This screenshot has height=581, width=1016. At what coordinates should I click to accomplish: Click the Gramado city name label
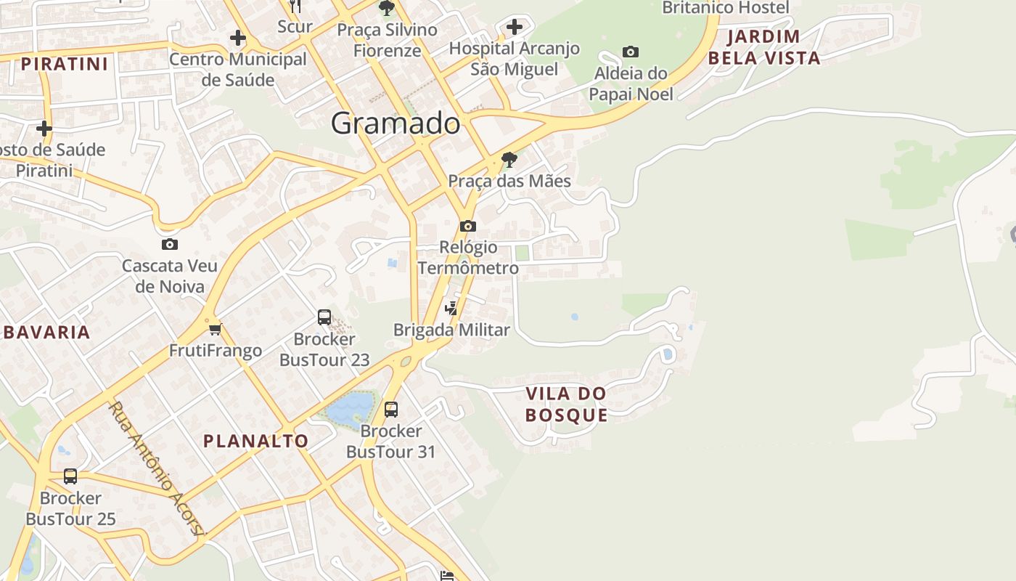point(396,123)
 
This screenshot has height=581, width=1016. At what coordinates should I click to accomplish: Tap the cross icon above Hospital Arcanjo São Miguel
point(515,28)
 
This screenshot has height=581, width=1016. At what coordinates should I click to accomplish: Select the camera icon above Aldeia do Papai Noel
point(631,52)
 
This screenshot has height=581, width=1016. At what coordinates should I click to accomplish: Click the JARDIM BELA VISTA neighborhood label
point(764,47)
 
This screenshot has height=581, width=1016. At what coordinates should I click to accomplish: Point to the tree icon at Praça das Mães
point(509,159)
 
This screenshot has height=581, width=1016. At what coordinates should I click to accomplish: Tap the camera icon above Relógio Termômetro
point(468,226)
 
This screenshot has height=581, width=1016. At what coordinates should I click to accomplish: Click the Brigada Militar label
point(451,330)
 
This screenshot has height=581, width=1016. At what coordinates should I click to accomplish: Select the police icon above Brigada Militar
point(451,308)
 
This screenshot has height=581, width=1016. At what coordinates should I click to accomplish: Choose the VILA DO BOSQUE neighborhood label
point(566,405)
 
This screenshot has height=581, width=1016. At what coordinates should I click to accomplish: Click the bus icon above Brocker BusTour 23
point(324,317)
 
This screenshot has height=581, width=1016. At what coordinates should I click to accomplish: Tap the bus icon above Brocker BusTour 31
point(391,410)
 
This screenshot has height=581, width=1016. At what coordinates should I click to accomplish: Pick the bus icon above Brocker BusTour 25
point(70,476)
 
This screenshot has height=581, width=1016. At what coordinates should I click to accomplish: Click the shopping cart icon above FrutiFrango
point(215,330)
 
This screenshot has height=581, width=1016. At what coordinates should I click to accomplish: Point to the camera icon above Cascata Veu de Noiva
point(169,244)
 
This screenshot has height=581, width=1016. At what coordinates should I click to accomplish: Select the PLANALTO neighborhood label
point(255,441)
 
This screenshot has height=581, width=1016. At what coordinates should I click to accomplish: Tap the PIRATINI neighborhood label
point(65,64)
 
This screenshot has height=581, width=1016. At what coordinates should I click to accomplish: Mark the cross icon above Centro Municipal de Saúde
point(237,38)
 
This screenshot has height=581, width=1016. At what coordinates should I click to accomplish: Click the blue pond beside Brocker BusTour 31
point(350,408)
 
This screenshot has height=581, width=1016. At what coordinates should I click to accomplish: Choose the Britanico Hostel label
point(725,8)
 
